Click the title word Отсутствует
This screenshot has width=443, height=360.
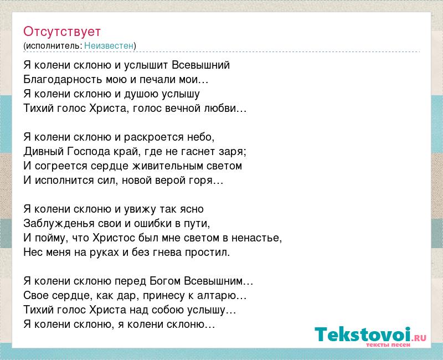[62, 32]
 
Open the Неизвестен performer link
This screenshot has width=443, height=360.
[109, 45]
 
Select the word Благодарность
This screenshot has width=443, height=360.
[63, 80]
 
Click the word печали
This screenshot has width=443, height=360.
[158, 80]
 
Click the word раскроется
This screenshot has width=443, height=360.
[154, 137]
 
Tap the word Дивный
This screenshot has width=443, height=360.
[44, 152]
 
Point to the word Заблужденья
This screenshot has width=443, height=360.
[59, 224]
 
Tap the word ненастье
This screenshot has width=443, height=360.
[255, 238]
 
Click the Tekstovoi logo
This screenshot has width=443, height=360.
[370, 335]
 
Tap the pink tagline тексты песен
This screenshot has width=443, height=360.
[388, 344]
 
